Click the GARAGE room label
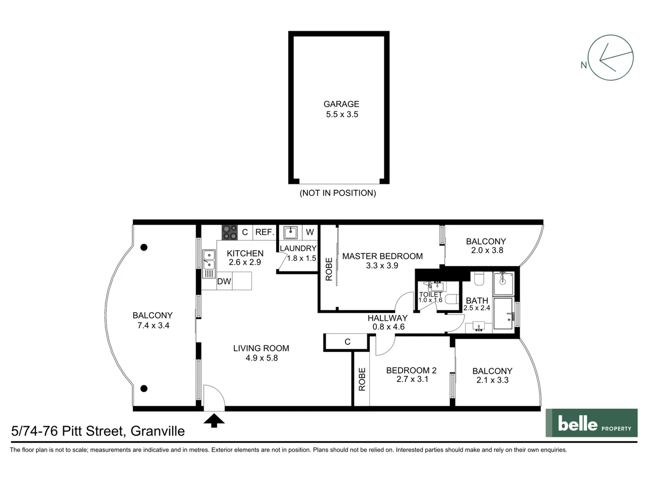(x=341, y=104)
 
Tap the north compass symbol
(x=610, y=58)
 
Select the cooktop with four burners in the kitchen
(x=229, y=232)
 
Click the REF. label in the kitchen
(x=265, y=232)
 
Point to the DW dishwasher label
(x=224, y=282)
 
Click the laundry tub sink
(x=290, y=232)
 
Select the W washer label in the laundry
(x=310, y=232)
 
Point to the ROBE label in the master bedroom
(x=329, y=269)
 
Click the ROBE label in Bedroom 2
(x=362, y=379)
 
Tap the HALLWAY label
(x=387, y=318)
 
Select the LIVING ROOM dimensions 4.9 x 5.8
(x=261, y=358)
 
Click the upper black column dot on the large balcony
(x=144, y=247)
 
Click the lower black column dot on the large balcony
(x=144, y=388)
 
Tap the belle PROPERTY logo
(x=591, y=423)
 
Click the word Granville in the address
(x=157, y=431)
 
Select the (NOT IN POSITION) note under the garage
(x=338, y=193)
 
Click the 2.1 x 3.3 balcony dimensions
(x=492, y=380)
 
